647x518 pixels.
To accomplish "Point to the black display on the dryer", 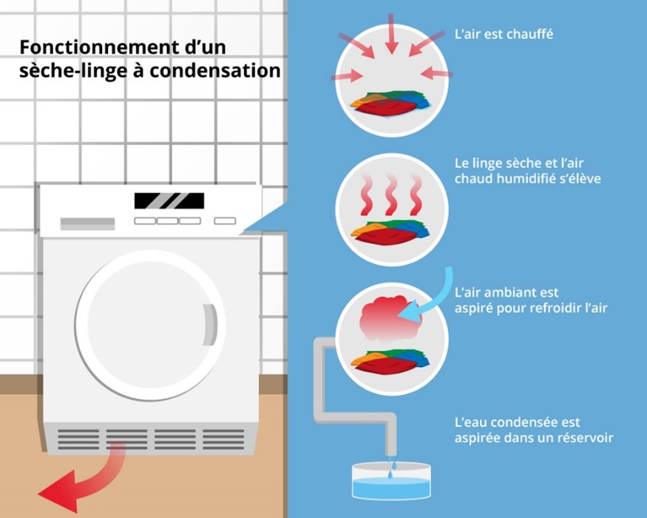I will click(169, 201).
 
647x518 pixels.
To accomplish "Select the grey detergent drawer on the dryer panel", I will click(87, 223).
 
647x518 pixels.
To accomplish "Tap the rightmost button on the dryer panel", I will click(224, 221).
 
